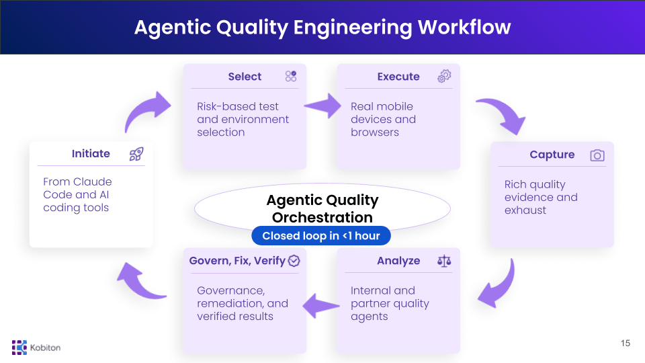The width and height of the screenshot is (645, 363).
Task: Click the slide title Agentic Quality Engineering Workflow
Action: coord(322,27)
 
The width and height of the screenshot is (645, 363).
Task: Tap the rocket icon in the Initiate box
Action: coord(136,154)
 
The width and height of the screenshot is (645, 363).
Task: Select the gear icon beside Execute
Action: coord(443,77)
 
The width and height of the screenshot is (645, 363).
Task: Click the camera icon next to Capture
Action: coord(597,155)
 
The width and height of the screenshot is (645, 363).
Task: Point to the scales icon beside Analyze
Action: coord(444,261)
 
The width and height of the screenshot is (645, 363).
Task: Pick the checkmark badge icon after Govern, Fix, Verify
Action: coord(294,261)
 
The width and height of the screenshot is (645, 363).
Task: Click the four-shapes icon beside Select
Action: coord(290,77)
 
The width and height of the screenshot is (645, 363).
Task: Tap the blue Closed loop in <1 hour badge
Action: coord(321,236)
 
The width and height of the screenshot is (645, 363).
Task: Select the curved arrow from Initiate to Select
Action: coord(148,111)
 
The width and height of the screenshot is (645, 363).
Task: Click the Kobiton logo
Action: coord(36,347)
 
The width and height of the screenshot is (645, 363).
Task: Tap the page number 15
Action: coord(626,344)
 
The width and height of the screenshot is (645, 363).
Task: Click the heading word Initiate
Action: coord(91,154)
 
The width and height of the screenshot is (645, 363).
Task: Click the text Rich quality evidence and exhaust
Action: coord(541,197)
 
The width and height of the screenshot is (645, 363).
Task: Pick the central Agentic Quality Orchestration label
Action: coord(322,208)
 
